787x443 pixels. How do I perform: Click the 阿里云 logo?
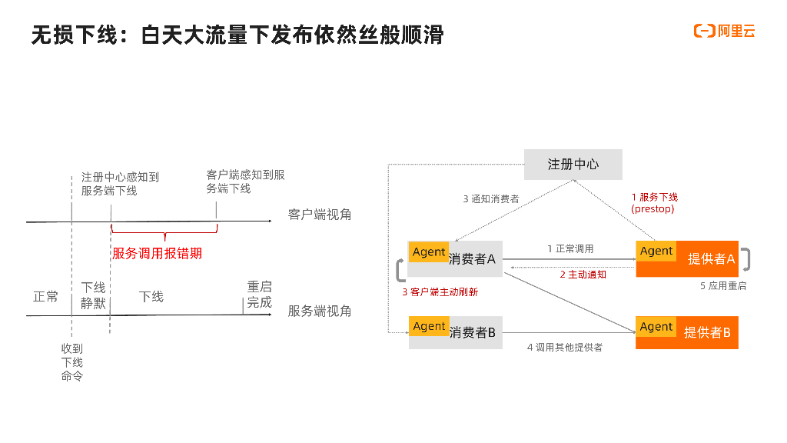(x=725, y=31)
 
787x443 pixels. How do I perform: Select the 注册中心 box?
(x=573, y=165)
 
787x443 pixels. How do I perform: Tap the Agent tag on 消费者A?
(x=429, y=252)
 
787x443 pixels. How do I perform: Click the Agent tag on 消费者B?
(x=429, y=326)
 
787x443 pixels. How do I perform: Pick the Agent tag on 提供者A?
(x=656, y=251)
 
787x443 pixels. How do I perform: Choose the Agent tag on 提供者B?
(x=656, y=327)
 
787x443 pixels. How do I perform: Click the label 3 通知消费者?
(x=491, y=198)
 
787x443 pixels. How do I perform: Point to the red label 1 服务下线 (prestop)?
(x=654, y=203)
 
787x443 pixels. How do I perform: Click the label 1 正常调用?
(x=570, y=249)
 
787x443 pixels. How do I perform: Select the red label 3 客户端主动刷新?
(x=440, y=292)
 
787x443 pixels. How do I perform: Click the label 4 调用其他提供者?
(x=565, y=348)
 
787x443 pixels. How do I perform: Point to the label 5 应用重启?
(x=722, y=286)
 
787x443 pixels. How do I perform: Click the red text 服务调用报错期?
(x=157, y=253)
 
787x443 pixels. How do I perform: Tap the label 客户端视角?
(x=320, y=215)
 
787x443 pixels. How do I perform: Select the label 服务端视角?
(x=320, y=311)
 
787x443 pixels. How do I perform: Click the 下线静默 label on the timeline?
(x=93, y=295)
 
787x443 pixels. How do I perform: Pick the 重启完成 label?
(x=259, y=295)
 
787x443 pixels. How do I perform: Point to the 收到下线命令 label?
(x=72, y=362)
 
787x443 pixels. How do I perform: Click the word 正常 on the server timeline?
(x=45, y=296)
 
